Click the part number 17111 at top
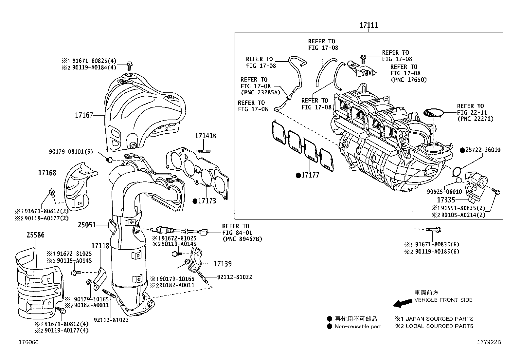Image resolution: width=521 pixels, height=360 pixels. click(x=369, y=25)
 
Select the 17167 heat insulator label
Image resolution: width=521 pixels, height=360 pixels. click(x=84, y=115)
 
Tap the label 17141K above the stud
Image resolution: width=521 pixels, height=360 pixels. click(x=206, y=136)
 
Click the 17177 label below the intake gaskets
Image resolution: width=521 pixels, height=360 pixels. click(x=310, y=175)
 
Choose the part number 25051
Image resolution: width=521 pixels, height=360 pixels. click(x=87, y=225)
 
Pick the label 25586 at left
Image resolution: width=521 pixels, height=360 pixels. click(x=35, y=235)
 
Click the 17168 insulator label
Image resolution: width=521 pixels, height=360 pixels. click(x=47, y=173)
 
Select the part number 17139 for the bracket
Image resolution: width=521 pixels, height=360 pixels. click(x=223, y=264)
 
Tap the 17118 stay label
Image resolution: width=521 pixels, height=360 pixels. click(x=100, y=245)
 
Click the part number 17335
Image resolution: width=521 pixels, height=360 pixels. click(x=446, y=199)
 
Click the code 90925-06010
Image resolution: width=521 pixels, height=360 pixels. click(x=444, y=192)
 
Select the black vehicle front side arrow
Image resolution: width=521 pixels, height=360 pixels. click(x=403, y=303)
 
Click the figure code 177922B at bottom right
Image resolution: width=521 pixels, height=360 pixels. click(x=489, y=343)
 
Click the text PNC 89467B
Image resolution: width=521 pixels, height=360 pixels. click(x=242, y=239)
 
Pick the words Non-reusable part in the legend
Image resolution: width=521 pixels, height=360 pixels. click(x=358, y=326)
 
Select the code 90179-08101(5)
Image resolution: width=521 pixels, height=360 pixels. click(x=71, y=152)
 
